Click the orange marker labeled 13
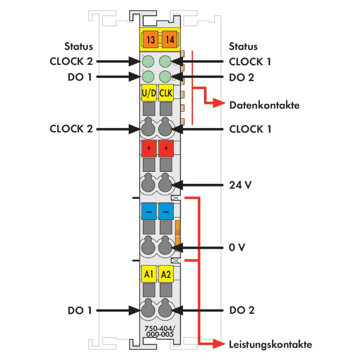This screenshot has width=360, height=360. (x=149, y=39)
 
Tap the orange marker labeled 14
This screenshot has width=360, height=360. (x=168, y=39)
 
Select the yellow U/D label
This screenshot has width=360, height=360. (x=149, y=93)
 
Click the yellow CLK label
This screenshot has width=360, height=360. (x=166, y=93)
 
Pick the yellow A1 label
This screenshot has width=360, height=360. (x=149, y=274)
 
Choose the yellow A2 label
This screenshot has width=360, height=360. (x=166, y=274)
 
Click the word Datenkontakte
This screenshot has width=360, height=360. (x=264, y=105)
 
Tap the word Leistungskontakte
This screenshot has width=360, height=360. (x=270, y=344)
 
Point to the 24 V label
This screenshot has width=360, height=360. (x=240, y=184)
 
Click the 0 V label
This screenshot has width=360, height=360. (x=237, y=248)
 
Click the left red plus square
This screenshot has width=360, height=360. (x=149, y=149)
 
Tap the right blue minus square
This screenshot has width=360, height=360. (x=166, y=211)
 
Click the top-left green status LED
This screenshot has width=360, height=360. (x=149, y=61)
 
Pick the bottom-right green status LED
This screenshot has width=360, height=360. (x=166, y=76)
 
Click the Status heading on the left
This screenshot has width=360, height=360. (x=79, y=47)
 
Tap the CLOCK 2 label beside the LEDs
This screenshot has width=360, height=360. (x=71, y=61)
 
